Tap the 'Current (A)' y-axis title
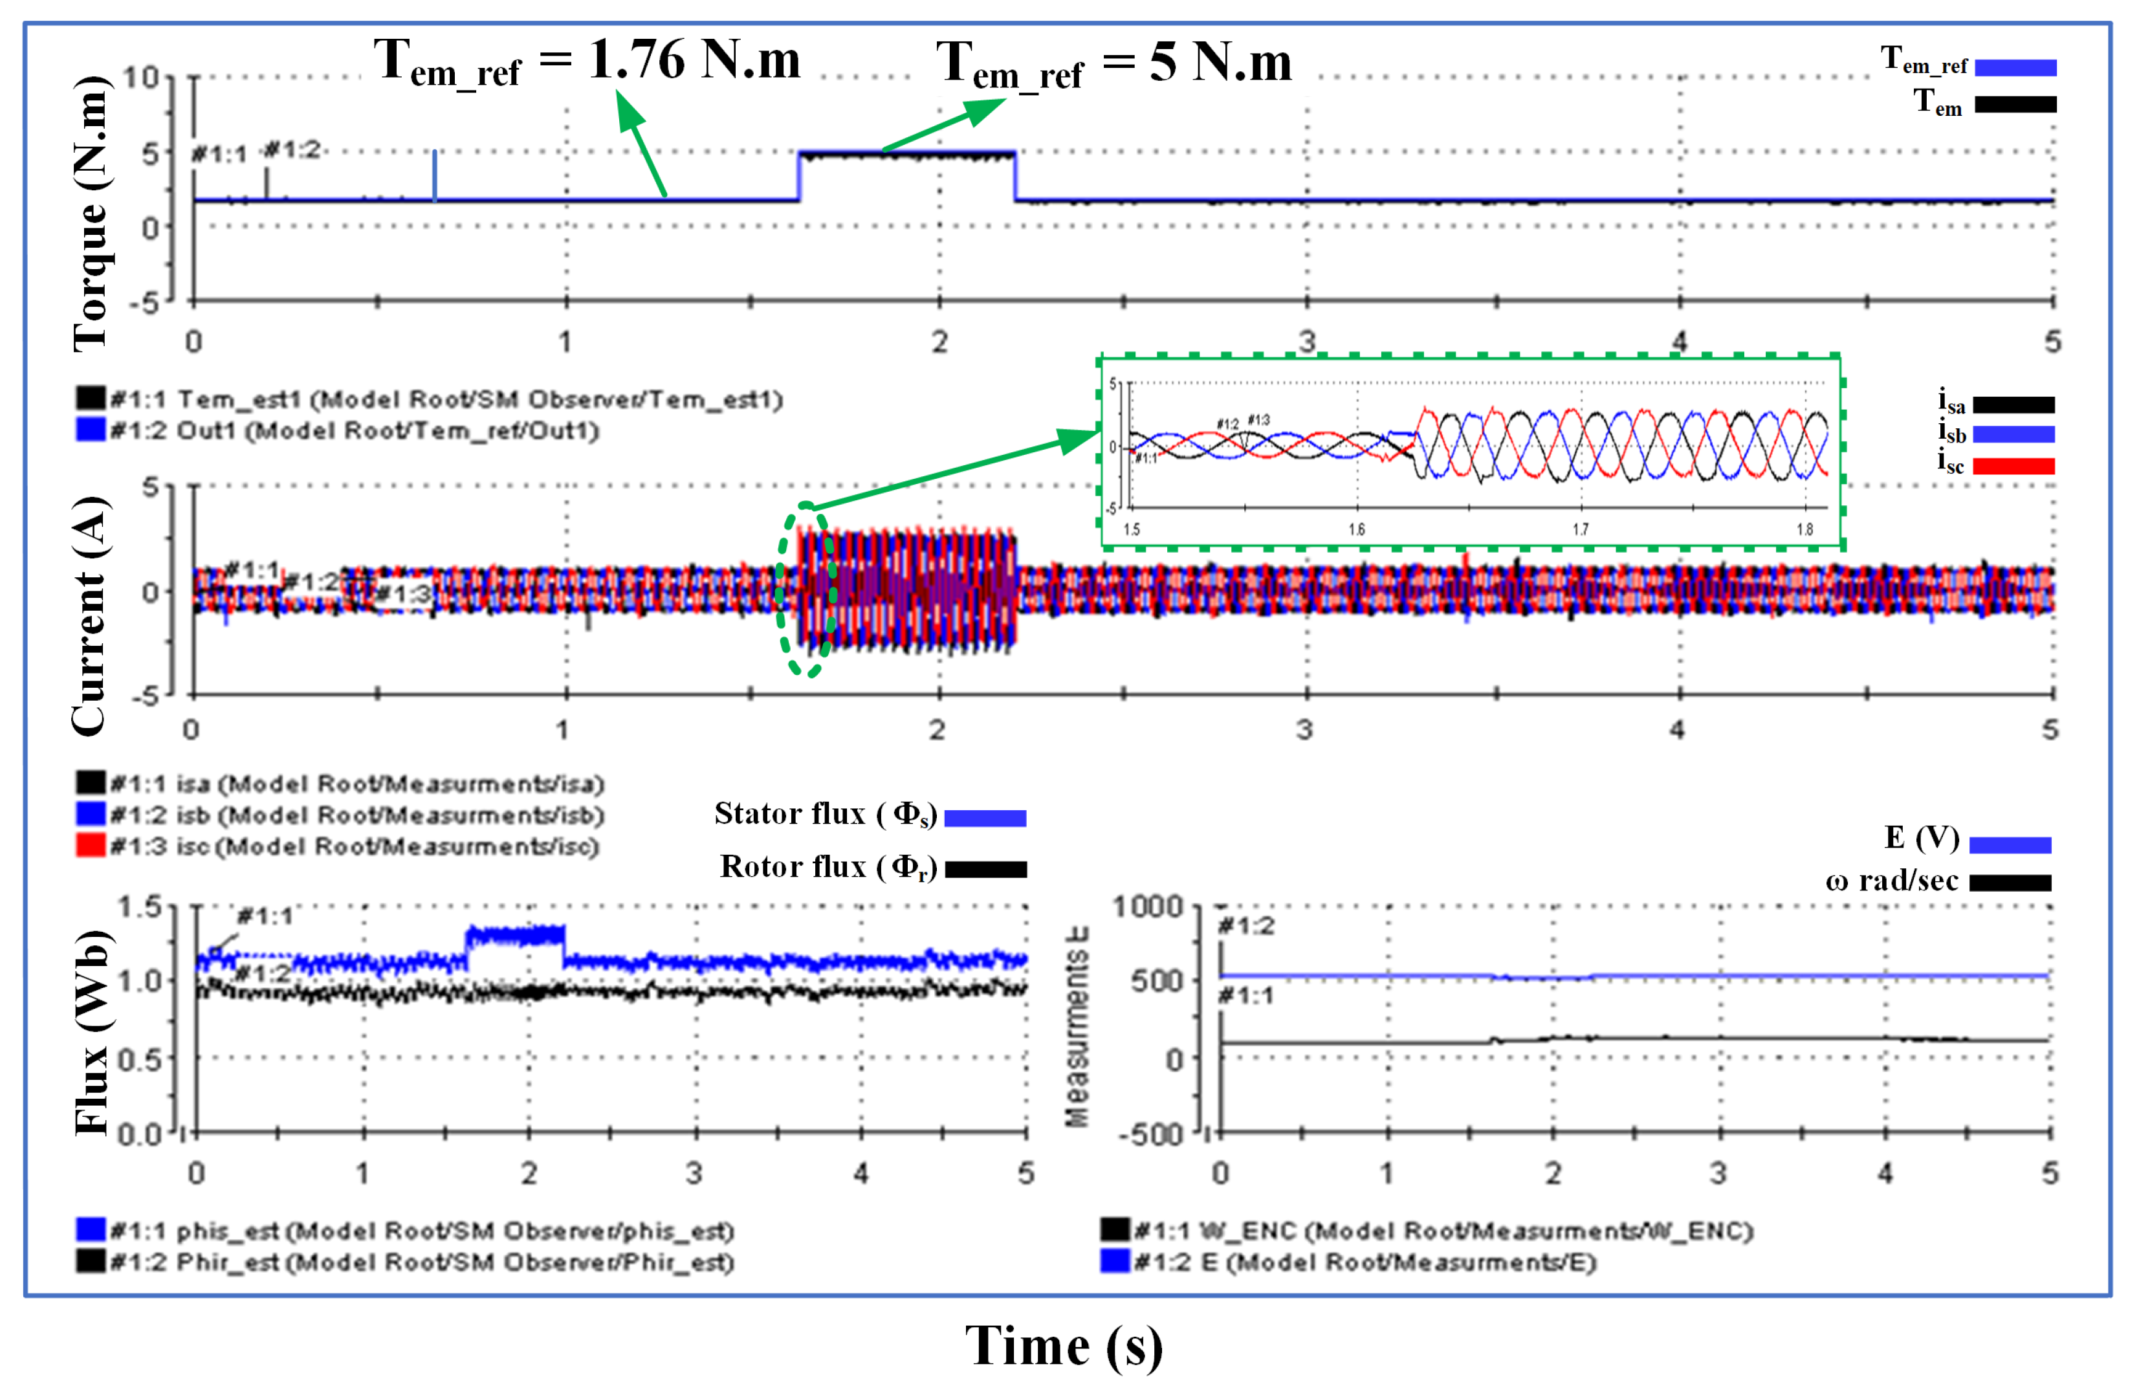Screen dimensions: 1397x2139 click(x=90, y=616)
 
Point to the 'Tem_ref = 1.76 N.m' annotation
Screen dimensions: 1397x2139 click(x=586, y=61)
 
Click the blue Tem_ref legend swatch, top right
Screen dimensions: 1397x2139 click(x=2015, y=67)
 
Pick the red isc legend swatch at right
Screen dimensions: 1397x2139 click(x=2013, y=466)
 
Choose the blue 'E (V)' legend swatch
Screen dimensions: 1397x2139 click(x=2010, y=845)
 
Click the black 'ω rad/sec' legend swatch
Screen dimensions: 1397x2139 click(x=2010, y=883)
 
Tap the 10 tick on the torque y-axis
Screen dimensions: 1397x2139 click(x=141, y=77)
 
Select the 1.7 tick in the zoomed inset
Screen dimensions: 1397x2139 click(x=1580, y=529)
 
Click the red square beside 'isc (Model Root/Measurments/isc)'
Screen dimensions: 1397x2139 click(x=91, y=846)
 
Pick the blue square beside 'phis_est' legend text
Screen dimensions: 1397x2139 click(x=91, y=1230)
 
